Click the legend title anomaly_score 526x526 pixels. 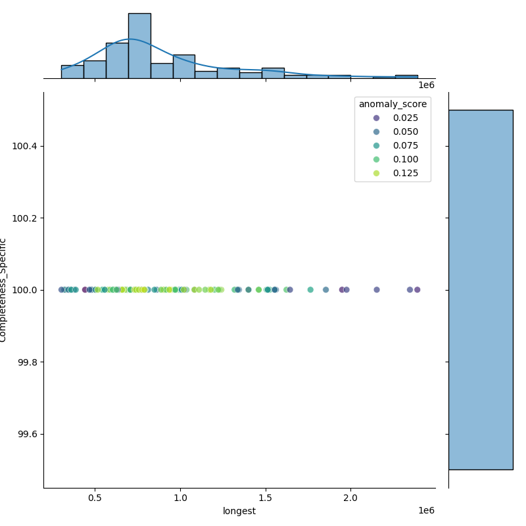[393, 104]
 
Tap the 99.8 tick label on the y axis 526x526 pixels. [27, 362]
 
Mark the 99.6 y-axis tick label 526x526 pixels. [27, 435]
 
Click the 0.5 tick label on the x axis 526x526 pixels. [95, 498]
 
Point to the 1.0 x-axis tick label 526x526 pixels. [180, 498]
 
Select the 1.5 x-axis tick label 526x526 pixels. [266, 498]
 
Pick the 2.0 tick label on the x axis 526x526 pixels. [350, 498]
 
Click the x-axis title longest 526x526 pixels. [239, 511]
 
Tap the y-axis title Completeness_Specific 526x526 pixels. [3, 290]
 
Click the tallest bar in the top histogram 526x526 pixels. [139, 46]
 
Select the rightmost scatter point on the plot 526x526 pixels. [417, 290]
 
